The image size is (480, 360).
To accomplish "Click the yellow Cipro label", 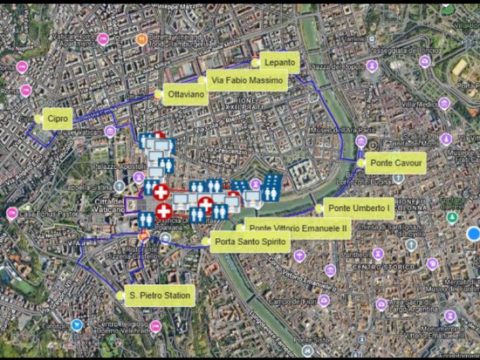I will point(57,119).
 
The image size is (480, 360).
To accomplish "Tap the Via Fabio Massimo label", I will point(247,81).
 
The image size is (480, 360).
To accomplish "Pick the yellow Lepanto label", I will point(279,63).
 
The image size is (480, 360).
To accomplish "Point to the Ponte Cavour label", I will point(395,163).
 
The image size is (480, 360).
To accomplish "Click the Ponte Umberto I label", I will point(358,208).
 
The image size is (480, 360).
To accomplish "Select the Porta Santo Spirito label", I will point(251,242).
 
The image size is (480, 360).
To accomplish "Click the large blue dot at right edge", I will point(473,233).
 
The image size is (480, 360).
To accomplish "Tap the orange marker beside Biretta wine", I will point(141,39).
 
